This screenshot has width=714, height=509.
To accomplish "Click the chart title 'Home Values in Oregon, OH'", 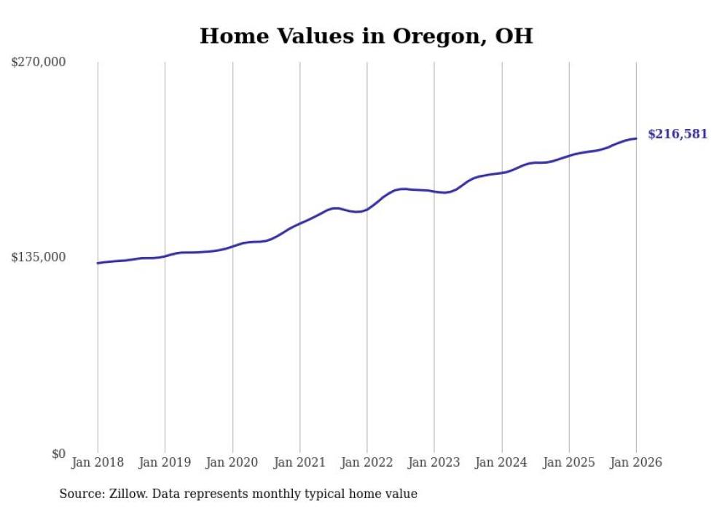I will point(366,36).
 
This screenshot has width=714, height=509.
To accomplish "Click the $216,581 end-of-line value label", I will point(678,134).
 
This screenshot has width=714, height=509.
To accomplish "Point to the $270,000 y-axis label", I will point(39,62).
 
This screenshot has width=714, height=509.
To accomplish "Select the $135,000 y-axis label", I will point(39,257).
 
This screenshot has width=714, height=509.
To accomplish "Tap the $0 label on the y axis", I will point(58,454).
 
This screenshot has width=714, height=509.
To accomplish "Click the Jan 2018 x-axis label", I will point(98,462).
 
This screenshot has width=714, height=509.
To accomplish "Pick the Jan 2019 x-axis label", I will point(165,462).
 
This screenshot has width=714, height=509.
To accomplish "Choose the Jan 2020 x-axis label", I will point(232,462).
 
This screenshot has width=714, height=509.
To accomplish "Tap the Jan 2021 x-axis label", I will point(299,462).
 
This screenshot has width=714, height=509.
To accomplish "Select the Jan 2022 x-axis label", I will point(367,462).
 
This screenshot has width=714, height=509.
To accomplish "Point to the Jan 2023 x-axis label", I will point(434,462).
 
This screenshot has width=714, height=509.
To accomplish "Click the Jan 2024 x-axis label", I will point(501,462).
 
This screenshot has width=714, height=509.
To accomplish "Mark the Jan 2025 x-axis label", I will point(569,462).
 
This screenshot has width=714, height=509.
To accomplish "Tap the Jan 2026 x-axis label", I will point(636,462).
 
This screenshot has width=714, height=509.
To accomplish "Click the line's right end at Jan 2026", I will point(636,138).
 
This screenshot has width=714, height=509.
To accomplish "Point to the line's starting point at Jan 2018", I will point(98,263).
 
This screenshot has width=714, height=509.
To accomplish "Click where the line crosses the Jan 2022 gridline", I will point(367,208).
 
